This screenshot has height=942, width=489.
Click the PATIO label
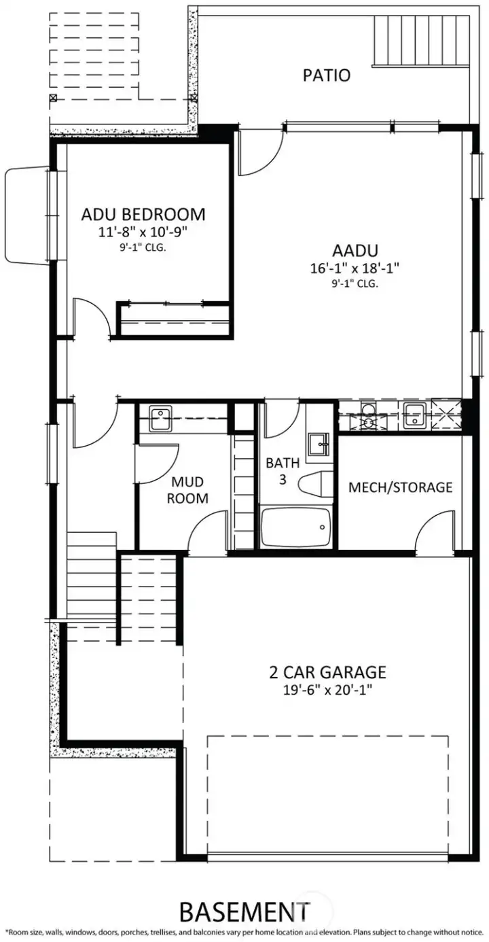[326, 75]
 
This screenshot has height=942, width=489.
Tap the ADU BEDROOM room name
[143, 215]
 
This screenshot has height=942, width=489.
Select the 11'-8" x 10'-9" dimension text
[143, 232]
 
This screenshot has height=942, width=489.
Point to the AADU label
[354, 250]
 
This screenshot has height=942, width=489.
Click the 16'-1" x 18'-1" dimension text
[354, 268]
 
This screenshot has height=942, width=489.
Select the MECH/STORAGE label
[400, 487]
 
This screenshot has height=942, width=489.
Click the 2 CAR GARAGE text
[327, 672]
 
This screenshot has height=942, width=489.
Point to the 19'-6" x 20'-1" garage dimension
[327, 690]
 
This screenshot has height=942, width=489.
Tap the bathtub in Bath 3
[295, 527]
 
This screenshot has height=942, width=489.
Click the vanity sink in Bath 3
[319, 445]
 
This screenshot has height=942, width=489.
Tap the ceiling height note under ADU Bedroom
[143, 247]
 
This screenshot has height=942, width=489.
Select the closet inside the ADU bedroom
[174, 320]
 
